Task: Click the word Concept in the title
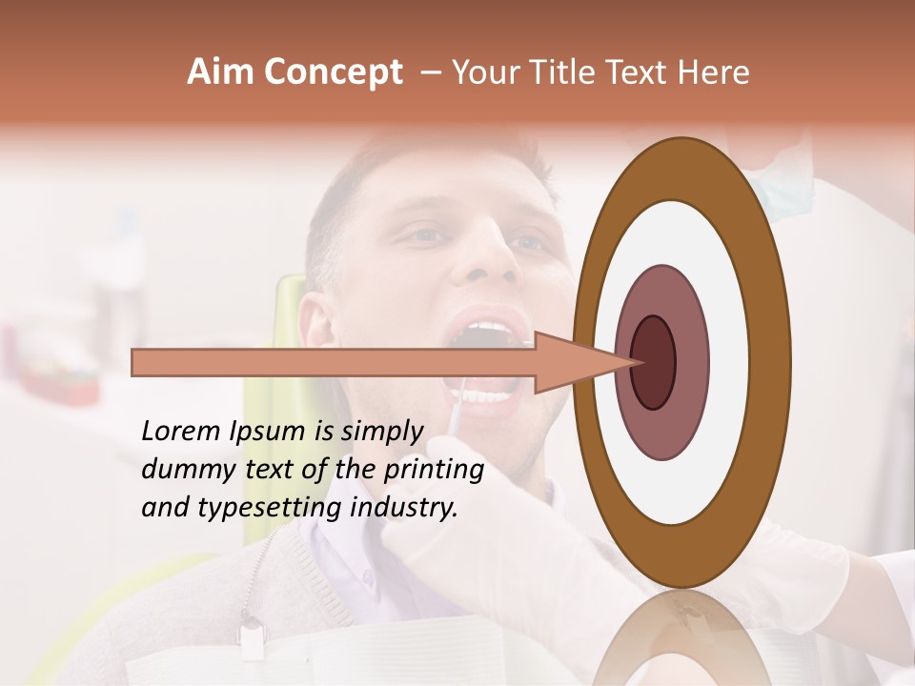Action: pyautogui.click(x=334, y=72)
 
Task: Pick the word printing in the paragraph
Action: pyautogui.click(x=434, y=470)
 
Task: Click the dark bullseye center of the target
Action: pyautogui.click(x=654, y=362)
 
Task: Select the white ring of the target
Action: pyautogui.click(x=734, y=362)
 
